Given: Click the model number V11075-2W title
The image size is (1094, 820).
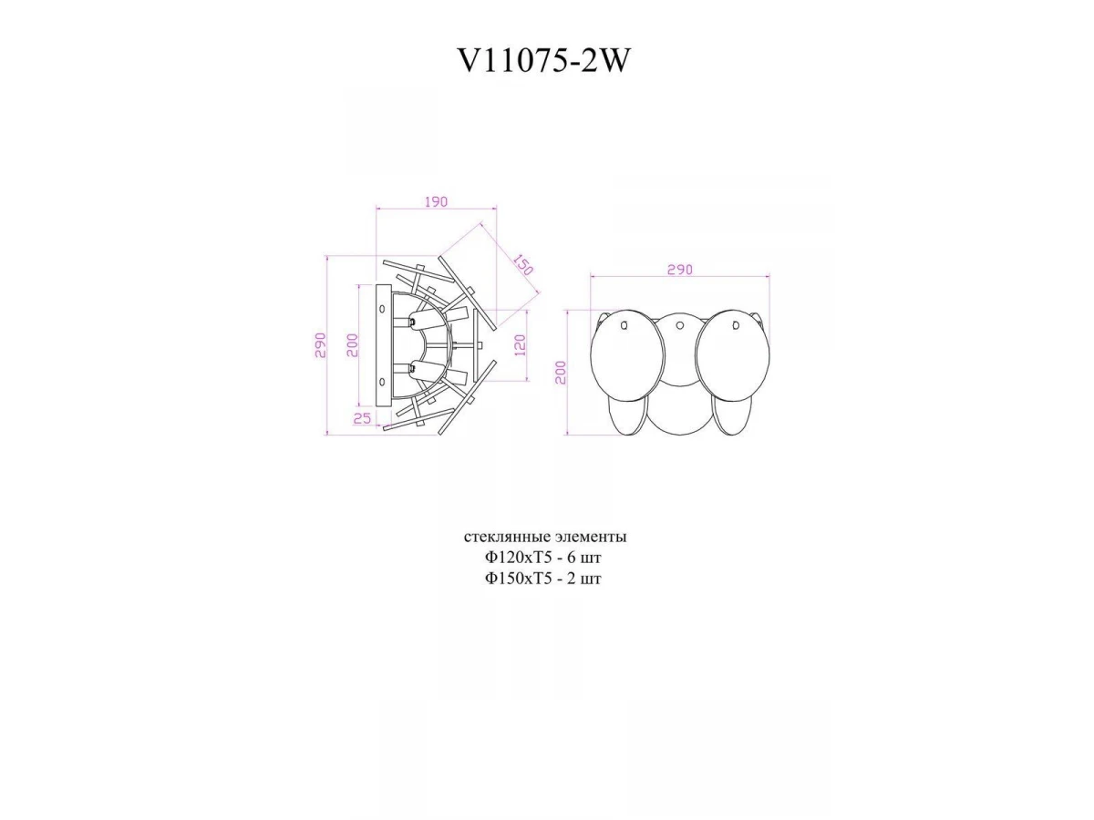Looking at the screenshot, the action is tap(543, 61).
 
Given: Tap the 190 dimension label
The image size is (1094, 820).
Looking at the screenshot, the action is tap(436, 201).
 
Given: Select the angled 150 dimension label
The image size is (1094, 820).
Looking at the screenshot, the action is tap(522, 264).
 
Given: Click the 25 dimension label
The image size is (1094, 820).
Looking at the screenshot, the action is tap(362, 418).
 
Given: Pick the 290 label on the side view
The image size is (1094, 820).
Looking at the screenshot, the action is tap(320, 345).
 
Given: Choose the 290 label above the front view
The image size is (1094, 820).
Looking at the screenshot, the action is tap(680, 270).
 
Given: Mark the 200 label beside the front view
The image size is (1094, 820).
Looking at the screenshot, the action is tap(562, 373).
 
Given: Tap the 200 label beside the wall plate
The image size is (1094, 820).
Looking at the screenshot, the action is tap(353, 345).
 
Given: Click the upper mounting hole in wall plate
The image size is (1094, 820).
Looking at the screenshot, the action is tap(382, 309).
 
